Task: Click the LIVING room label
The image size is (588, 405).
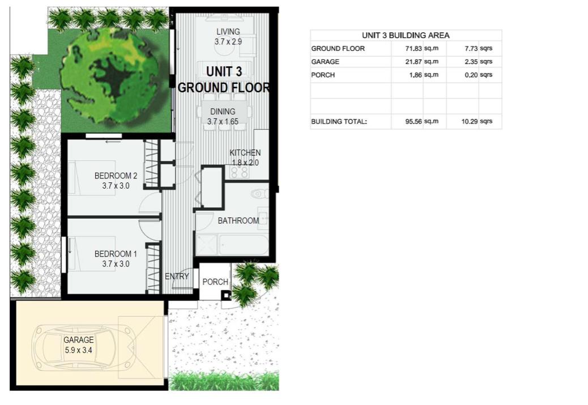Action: (x=228, y=32)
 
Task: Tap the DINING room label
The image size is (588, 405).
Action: (x=223, y=112)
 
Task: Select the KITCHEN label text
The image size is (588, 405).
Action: (x=245, y=152)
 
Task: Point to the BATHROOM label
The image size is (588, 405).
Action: (x=238, y=220)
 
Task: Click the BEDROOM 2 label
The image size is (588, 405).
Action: (x=116, y=176)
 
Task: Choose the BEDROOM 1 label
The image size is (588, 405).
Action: (x=116, y=254)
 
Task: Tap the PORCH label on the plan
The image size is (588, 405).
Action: (x=215, y=282)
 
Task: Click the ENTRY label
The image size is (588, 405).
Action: (x=177, y=276)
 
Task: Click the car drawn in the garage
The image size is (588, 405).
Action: (x=83, y=347)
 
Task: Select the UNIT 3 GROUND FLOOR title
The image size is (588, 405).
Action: (x=224, y=79)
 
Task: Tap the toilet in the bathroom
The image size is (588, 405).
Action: (x=259, y=194)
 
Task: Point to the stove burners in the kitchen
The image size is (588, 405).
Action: (x=239, y=172)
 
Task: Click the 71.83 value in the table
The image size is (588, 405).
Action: (x=414, y=48)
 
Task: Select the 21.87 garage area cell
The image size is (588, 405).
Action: (x=414, y=62)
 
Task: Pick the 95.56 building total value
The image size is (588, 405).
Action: (x=414, y=121)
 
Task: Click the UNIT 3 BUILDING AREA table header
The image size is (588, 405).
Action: (x=406, y=35)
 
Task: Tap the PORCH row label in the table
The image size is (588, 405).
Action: (x=323, y=75)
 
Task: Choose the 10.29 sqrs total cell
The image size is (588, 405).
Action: (x=477, y=121)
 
